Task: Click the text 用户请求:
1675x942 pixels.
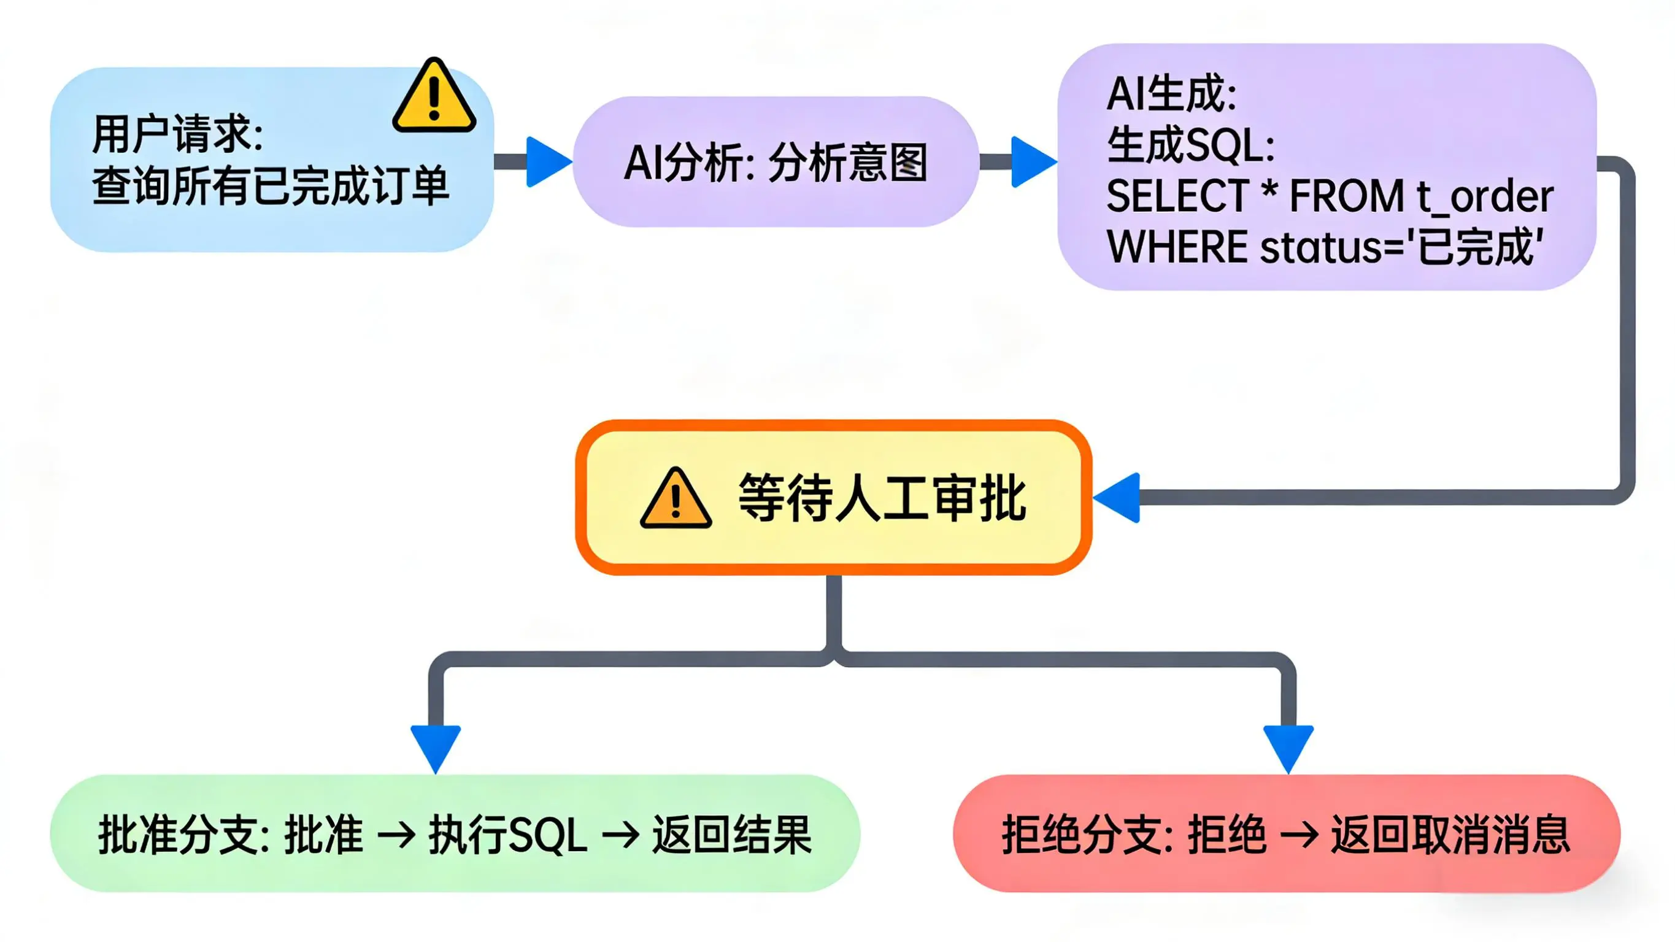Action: click(x=177, y=134)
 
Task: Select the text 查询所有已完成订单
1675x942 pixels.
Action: click(x=271, y=186)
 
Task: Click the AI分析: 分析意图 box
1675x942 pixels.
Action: click(x=775, y=162)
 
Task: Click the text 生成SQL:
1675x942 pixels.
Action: click(x=1190, y=144)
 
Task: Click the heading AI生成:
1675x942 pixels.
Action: click(x=1171, y=95)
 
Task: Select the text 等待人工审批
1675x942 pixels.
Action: click(x=882, y=499)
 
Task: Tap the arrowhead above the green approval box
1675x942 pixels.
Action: click(x=436, y=747)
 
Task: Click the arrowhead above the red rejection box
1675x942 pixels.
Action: click(x=1288, y=747)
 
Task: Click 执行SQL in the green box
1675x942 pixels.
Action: click(x=507, y=835)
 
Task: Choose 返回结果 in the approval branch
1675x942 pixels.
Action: click(x=731, y=835)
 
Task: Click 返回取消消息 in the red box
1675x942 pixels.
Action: click(x=1450, y=835)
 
